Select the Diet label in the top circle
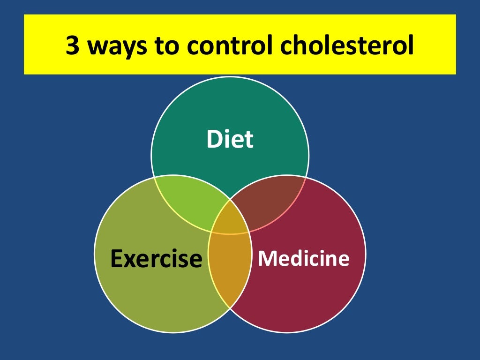point(230,139)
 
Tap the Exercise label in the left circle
point(156,258)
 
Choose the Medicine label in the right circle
point(304,258)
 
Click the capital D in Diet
point(214,139)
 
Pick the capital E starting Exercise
point(117,258)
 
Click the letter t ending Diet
point(249,140)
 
